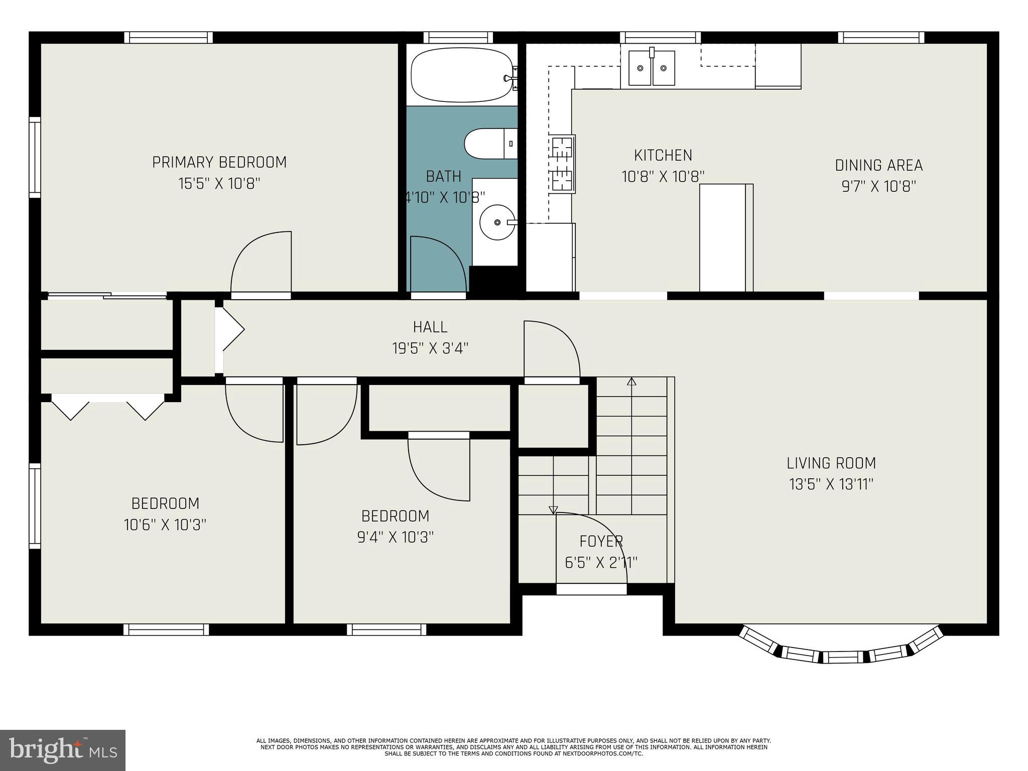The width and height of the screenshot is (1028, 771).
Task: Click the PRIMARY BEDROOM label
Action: pyautogui.click(x=219, y=162)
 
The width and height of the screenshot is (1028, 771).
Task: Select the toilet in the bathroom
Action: pyautogui.click(x=489, y=144)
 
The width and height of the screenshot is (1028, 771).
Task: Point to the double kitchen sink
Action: pyautogui.click(x=652, y=68)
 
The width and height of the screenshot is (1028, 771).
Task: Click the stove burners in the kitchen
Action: pyautogui.click(x=562, y=164)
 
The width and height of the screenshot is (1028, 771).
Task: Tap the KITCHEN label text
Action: pyautogui.click(x=663, y=155)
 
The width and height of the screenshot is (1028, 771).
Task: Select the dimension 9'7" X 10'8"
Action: pyautogui.click(x=878, y=187)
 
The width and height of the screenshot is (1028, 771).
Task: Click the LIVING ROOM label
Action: pyautogui.click(x=831, y=463)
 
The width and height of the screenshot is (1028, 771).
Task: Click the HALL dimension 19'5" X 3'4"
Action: pyautogui.click(x=430, y=348)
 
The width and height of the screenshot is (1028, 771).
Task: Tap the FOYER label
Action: pyautogui.click(x=601, y=541)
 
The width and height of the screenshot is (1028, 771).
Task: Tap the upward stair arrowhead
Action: pyautogui.click(x=631, y=381)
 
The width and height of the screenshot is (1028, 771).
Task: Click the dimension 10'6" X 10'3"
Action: pyautogui.click(x=165, y=525)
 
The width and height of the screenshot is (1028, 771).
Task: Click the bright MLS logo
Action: pyautogui.click(x=62, y=750)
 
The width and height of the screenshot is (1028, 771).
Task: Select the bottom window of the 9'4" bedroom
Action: pyautogui.click(x=387, y=629)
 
